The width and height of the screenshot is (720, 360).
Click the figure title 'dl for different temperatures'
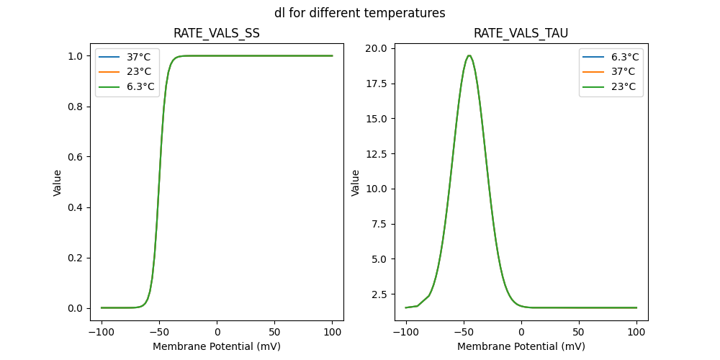click(x=359, y=13)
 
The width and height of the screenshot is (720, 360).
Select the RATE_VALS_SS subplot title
click(x=217, y=33)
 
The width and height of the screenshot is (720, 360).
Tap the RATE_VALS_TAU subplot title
click(x=521, y=33)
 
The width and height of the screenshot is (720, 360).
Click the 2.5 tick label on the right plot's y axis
click(x=379, y=294)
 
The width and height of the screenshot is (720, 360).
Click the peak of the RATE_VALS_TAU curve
click(x=469, y=55)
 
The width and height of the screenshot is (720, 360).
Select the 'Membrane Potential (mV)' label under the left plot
click(x=217, y=346)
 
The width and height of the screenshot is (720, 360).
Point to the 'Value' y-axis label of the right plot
click(x=356, y=182)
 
